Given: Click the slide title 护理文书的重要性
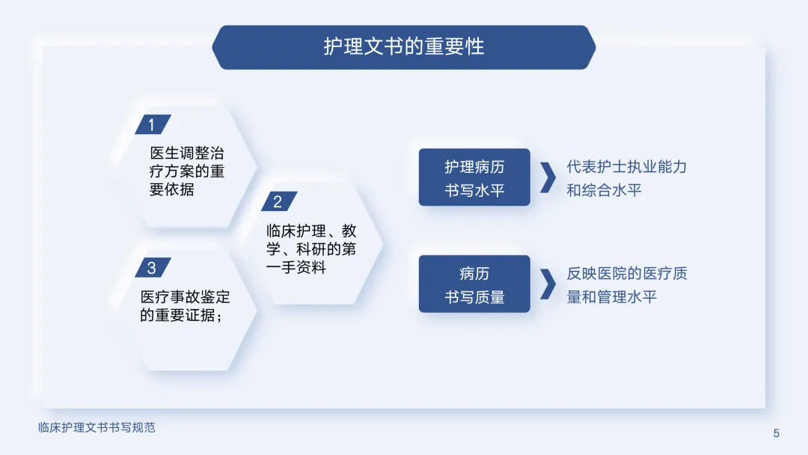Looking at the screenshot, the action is (x=403, y=47).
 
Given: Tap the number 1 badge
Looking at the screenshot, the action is (x=153, y=124).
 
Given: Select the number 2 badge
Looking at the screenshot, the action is (x=279, y=201).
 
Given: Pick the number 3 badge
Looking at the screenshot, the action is (x=153, y=267).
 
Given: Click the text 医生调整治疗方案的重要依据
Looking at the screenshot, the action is (x=186, y=171).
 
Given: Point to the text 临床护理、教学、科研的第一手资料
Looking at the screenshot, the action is (x=311, y=249).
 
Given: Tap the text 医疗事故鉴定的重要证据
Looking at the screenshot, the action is (x=185, y=305).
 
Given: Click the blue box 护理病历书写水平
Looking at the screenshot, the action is (x=474, y=177).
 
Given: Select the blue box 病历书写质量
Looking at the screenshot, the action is (x=474, y=284).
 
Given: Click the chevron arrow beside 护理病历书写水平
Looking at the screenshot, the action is (x=548, y=178).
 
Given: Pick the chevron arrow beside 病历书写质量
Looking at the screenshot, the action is (x=548, y=284).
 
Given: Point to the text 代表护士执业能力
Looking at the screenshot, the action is (x=627, y=166).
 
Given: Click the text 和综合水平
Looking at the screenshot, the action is (x=604, y=190).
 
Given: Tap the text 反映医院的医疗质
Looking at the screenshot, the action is (x=627, y=273).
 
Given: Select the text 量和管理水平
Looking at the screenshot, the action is (x=612, y=297).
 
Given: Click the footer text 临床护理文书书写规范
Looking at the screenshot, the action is (x=97, y=428).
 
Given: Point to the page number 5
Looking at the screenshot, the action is (x=776, y=433).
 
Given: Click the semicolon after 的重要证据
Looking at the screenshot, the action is (x=220, y=316).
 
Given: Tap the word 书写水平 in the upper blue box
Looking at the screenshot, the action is (x=474, y=191).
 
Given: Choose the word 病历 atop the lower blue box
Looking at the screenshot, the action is (x=474, y=273).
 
